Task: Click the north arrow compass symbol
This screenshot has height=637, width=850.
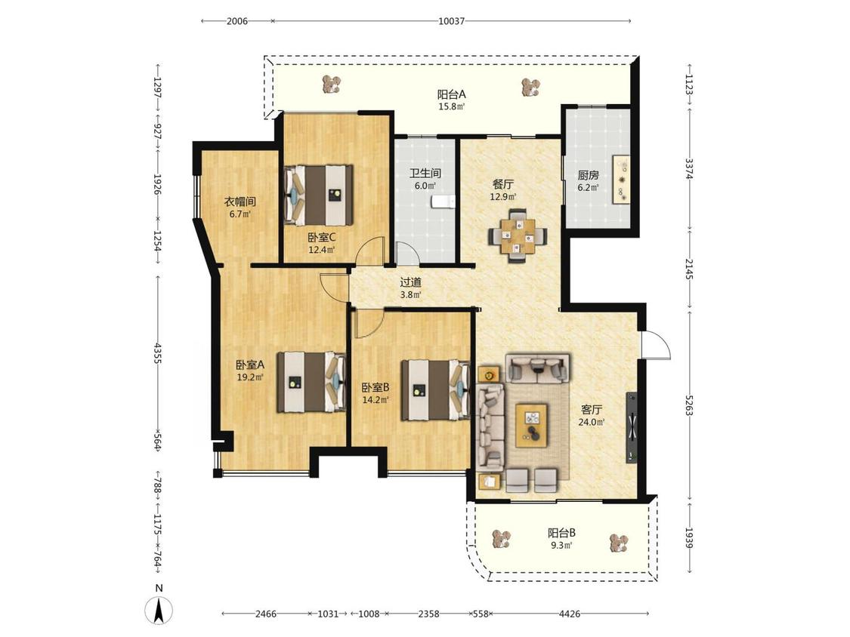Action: pyautogui.click(x=159, y=611)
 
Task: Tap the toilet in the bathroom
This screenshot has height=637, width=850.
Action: pyautogui.click(x=444, y=202)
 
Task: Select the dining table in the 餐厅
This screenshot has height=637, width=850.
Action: pyautogui.click(x=518, y=236)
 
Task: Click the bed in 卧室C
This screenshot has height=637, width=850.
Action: pyautogui.click(x=318, y=195)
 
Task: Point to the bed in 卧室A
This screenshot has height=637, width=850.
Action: pyautogui.click(x=311, y=383)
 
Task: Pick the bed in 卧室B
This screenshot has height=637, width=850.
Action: pyautogui.click(x=435, y=390)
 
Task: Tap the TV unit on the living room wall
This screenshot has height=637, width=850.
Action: pyautogui.click(x=632, y=427)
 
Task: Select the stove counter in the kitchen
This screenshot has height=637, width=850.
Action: pyautogui.click(x=621, y=180)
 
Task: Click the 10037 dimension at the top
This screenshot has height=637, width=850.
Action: pyautogui.click(x=451, y=21)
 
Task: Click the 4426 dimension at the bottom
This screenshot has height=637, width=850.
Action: pyautogui.click(x=569, y=614)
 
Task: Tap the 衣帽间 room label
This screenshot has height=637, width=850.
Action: pyautogui.click(x=240, y=202)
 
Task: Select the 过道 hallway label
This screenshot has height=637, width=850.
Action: pyautogui.click(x=410, y=282)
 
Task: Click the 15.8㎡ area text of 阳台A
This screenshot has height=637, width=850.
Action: pyautogui.click(x=452, y=106)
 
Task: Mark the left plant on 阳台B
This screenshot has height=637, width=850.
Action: pyautogui.click(x=502, y=539)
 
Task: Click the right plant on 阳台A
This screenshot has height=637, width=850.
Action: pyautogui.click(x=530, y=88)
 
